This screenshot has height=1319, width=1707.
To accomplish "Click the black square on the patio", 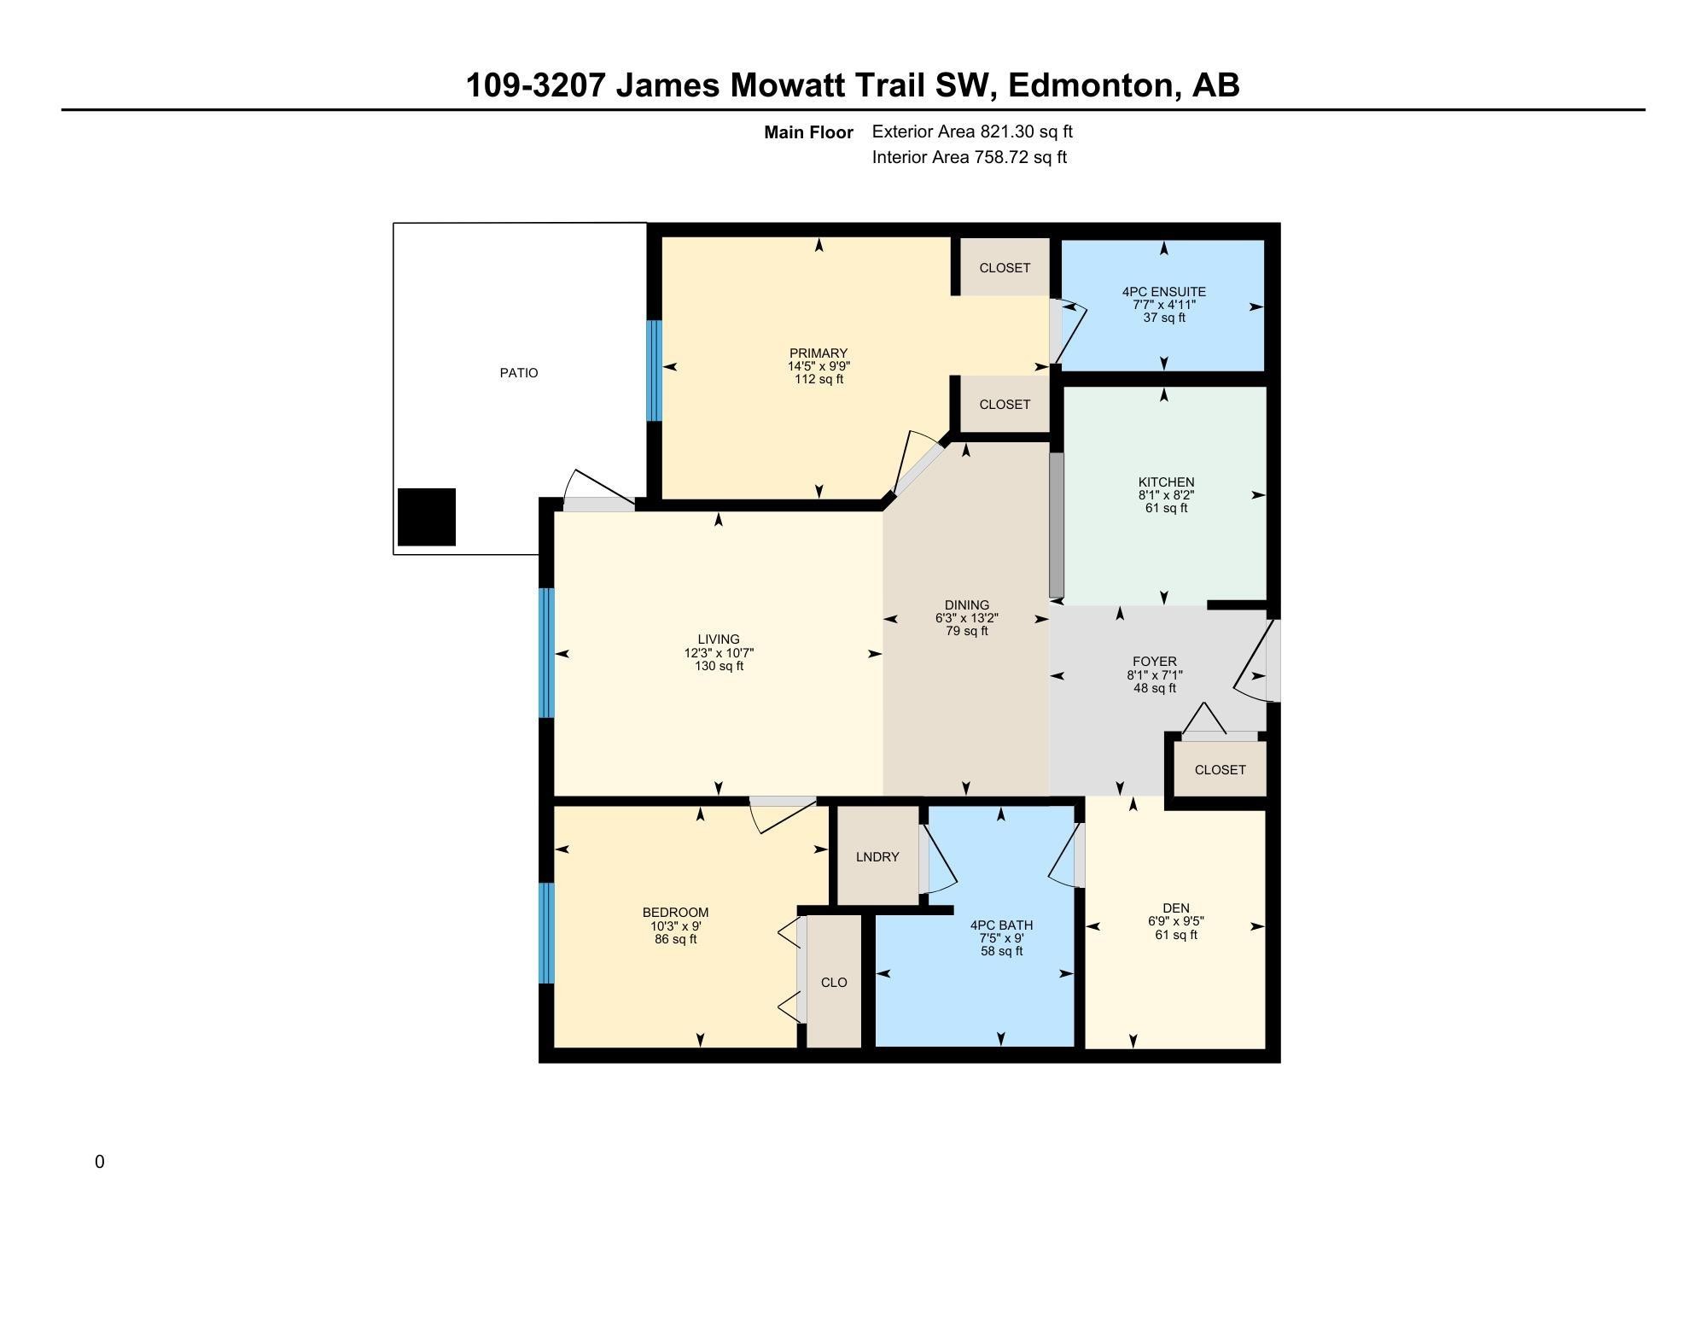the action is pos(427,517).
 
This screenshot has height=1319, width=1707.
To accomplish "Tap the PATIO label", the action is pos(519,373).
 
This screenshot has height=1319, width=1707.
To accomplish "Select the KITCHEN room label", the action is pos(1166,482).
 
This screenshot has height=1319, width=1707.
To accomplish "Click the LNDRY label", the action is pos(877,857).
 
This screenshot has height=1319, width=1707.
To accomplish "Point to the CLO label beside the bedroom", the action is pos(834,983).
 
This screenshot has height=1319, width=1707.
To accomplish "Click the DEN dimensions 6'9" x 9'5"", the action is pos(1176,921).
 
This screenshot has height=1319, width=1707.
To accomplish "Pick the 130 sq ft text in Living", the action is pos(719,666).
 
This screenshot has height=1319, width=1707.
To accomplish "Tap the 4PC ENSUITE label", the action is pos(1164,292).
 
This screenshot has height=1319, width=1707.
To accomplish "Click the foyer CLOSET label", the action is pos(1221,770).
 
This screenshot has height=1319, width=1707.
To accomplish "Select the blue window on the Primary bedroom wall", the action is pos(655,371).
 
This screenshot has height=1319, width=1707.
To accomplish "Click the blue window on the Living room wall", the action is pos(547,653).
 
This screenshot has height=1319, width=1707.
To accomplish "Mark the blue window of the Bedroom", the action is pos(547,933).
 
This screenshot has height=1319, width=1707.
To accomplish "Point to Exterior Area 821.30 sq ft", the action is pos(972,131).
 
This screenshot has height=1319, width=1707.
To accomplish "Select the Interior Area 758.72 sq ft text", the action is pos(970,157).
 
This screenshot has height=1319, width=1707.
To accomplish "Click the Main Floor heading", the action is pos(808,132).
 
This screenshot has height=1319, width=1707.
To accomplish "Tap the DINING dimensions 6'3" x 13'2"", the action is pos(967,618).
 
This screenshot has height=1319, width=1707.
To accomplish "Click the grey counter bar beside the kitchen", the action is pos(1057,525).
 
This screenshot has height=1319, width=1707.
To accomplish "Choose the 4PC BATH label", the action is pos(1002,925).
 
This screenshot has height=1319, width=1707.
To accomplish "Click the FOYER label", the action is pos(1155,662).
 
